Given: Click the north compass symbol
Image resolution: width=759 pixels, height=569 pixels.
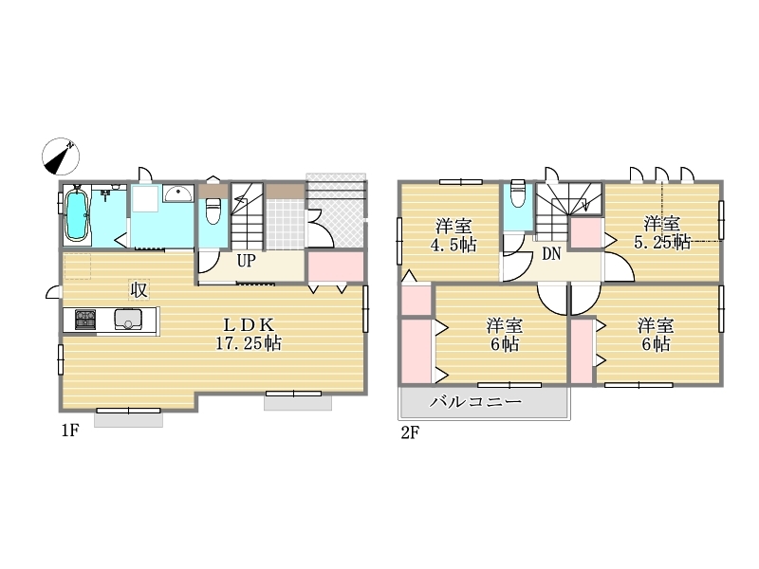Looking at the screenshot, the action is click(61, 156).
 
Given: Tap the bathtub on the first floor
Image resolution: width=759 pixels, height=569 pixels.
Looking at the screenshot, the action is click(77, 215).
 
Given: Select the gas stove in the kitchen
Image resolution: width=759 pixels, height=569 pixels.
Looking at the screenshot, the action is click(85, 320).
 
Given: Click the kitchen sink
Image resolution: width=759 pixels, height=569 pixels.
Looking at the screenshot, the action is click(128, 320).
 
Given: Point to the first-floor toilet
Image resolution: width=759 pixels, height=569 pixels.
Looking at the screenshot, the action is click(213, 210).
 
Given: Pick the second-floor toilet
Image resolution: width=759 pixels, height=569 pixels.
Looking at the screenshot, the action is click(517, 193).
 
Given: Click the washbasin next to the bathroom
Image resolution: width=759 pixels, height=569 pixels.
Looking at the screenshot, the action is click(177, 194).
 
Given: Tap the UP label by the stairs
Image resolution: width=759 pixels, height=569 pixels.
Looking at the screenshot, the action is click(246, 261).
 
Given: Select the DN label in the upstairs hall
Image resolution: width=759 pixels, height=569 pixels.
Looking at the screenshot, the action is click(551, 253).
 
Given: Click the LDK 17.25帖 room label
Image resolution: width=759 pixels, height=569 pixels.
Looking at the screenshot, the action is click(249, 334).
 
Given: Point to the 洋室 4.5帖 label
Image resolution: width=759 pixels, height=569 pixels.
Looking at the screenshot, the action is click(454, 235).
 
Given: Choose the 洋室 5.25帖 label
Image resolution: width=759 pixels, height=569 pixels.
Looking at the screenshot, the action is click(661, 232).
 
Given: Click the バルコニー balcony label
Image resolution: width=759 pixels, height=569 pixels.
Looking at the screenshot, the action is click(476, 401).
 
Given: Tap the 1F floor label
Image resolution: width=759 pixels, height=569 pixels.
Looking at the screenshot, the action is click(69, 431).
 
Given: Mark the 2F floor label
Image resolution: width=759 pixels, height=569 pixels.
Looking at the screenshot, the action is click(410, 432).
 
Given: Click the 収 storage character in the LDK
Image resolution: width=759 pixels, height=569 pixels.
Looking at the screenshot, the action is click(139, 290).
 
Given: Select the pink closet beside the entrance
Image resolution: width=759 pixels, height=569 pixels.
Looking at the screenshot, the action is click(336, 266).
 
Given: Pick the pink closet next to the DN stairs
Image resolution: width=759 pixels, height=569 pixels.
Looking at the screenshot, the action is click(585, 233).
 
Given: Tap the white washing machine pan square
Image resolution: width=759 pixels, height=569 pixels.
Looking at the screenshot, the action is click(146, 197).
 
